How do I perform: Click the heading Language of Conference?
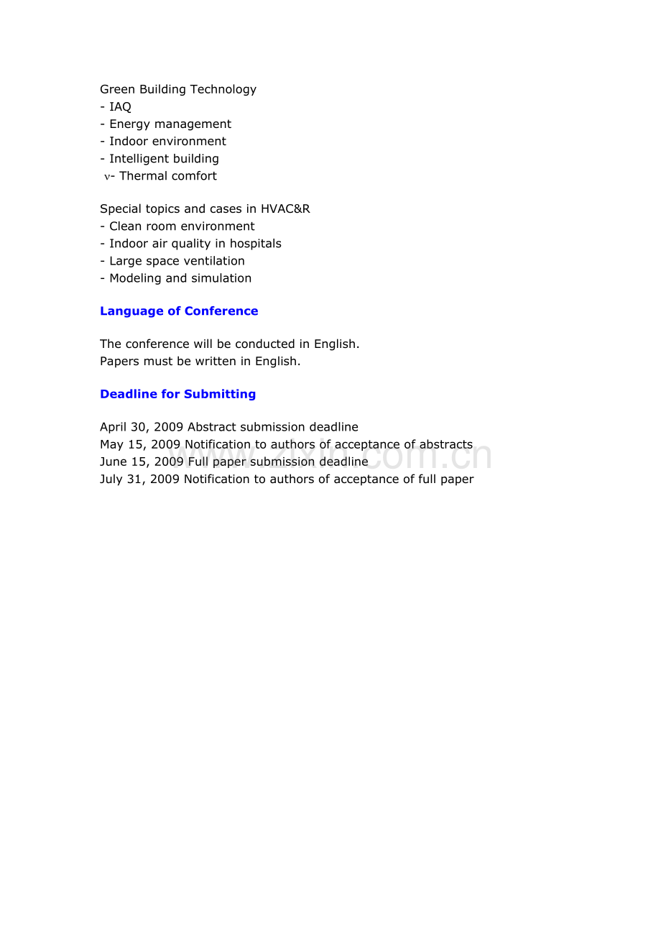[179, 311]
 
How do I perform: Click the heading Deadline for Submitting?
[177, 394]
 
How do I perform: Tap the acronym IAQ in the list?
[120, 107]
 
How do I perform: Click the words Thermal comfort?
[168, 176]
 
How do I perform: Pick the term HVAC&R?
[285, 209]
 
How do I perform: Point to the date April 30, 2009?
[142, 428]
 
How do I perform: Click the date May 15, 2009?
[140, 445]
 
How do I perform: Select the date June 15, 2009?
[142, 462]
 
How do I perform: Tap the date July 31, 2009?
[139, 480]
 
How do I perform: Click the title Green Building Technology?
[178, 90]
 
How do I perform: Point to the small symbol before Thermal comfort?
[107, 177]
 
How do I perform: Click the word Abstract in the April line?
[212, 428]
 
